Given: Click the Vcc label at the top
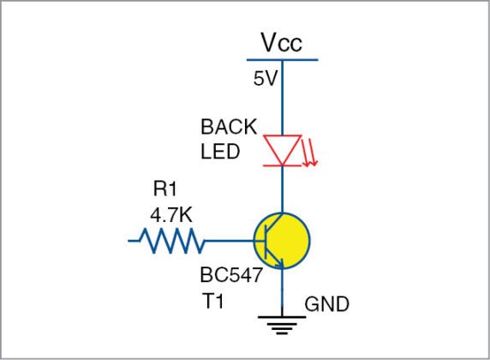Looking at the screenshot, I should click(282, 43).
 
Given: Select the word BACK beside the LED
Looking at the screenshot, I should click(228, 127).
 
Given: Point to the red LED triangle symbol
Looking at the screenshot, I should click(281, 148).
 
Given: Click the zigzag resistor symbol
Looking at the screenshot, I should click(170, 242).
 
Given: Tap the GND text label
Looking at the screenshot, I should click(326, 305).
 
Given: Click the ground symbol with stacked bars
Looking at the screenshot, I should click(282, 323).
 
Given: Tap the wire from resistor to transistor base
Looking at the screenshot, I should click(229, 242).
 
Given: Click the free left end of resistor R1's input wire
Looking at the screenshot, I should click(130, 242).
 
